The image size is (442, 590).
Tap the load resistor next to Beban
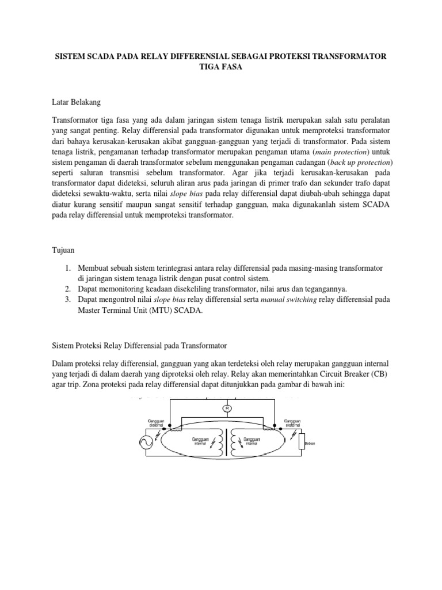point(300,442)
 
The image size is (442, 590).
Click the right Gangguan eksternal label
point(292,423)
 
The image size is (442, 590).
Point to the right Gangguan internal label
point(252,441)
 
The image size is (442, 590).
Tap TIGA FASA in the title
point(221,66)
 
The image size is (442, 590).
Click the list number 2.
point(67,288)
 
